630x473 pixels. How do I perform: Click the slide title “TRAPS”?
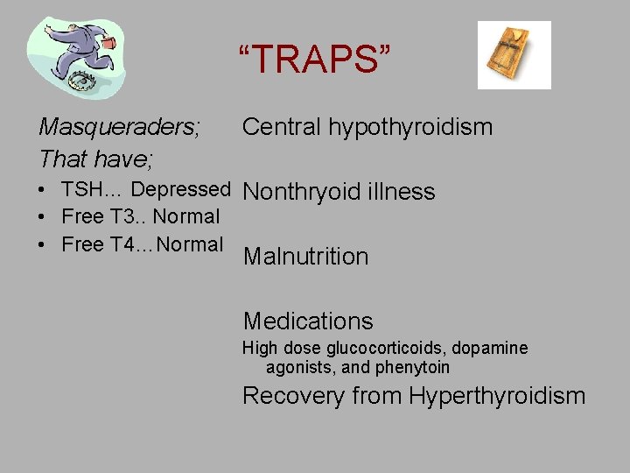coord(315,60)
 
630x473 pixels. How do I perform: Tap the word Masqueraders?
coord(119,127)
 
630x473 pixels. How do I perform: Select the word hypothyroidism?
coord(410,128)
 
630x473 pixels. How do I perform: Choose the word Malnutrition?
coord(305,257)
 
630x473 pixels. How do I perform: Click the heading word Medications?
coord(307,321)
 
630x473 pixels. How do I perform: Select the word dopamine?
coord(495,349)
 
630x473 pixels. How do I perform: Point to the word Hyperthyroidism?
coord(495,397)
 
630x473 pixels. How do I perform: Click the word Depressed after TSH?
coord(180,189)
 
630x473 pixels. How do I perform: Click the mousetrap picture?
coord(514,54)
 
